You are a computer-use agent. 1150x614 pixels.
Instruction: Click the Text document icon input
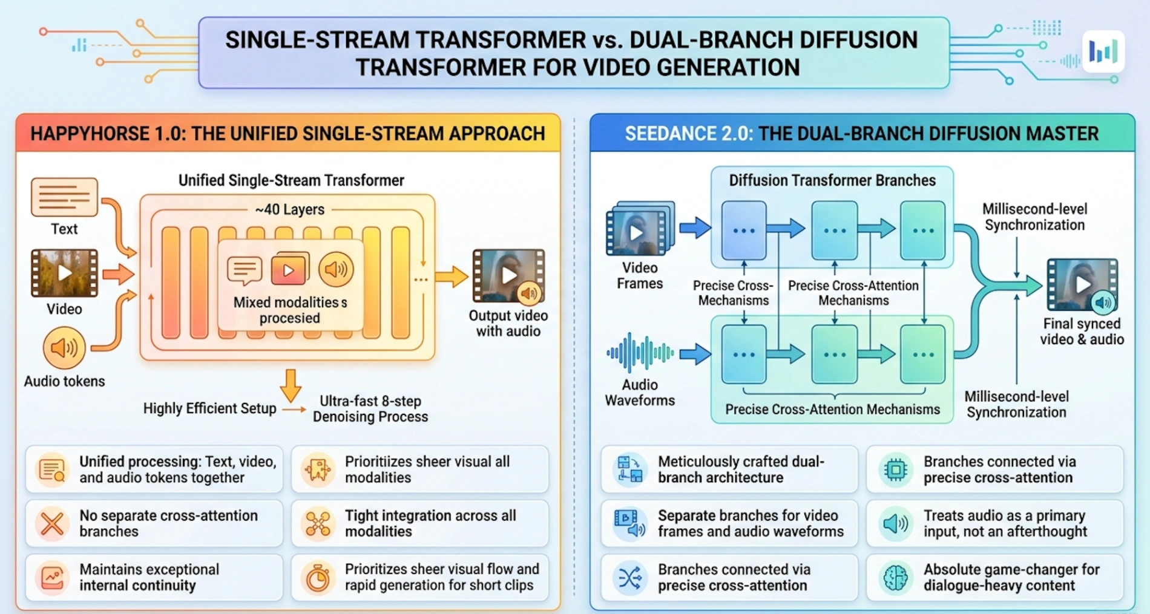(x=64, y=197)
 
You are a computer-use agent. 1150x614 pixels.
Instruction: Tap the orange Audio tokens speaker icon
(x=64, y=348)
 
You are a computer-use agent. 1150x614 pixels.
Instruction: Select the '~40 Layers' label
(x=289, y=209)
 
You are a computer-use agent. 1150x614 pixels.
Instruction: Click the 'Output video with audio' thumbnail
(x=508, y=276)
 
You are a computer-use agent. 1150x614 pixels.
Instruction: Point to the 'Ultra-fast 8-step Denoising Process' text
(x=370, y=409)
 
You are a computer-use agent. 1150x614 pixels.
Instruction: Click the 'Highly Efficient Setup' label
(x=209, y=408)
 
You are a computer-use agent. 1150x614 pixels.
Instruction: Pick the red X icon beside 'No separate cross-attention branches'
(x=52, y=524)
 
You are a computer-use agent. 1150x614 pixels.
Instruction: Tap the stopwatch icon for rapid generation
(x=318, y=578)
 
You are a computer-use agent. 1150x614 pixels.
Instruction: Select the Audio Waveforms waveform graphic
(x=640, y=353)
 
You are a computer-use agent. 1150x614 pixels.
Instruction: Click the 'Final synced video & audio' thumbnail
(x=1082, y=284)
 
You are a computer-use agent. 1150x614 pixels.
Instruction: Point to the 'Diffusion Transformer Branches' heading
(x=832, y=180)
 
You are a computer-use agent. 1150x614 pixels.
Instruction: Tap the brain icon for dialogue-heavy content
(x=895, y=578)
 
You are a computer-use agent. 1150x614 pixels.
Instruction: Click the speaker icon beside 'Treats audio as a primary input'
(x=895, y=524)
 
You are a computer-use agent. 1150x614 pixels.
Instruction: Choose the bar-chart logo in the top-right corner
(x=1103, y=52)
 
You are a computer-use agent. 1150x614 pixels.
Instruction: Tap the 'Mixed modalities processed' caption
(x=289, y=310)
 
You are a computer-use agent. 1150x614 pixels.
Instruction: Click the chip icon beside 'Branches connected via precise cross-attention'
(x=895, y=469)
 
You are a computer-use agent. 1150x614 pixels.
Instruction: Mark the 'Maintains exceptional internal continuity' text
(x=149, y=578)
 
